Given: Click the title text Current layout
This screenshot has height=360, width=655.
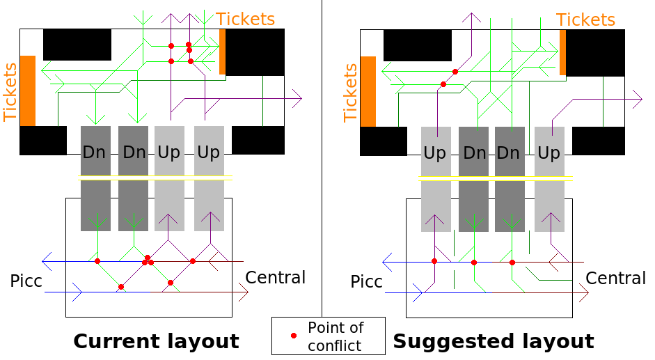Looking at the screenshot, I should [x=156, y=342].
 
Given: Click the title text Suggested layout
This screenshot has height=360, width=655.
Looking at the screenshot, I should [x=494, y=342].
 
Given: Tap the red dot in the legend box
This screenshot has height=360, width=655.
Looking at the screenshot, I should [x=294, y=336].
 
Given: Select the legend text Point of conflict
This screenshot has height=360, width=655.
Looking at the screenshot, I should [x=336, y=336].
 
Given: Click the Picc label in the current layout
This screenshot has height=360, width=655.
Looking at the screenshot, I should [x=26, y=281].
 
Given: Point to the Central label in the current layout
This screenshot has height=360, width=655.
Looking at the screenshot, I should [x=276, y=278].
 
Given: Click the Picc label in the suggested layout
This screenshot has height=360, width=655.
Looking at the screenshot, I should [x=366, y=282].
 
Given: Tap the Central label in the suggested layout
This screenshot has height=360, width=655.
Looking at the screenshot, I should [x=616, y=279].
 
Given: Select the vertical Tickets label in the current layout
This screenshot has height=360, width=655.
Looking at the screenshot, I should [x=10, y=92].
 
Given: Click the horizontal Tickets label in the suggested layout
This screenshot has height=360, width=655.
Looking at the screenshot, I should [x=586, y=20].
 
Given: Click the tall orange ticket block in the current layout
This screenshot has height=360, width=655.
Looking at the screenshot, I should [x=28, y=91].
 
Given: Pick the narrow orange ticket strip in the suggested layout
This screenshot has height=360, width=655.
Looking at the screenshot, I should [x=562, y=52].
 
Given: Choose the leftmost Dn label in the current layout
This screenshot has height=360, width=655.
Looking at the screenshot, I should [x=95, y=152].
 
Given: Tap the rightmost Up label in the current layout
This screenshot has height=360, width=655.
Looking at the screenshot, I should [x=208, y=152].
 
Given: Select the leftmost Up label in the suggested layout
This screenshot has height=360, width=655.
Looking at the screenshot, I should [x=435, y=152].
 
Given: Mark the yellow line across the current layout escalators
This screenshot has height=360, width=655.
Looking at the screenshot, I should [x=155, y=178].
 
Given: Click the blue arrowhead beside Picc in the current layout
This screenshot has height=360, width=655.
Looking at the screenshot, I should [x=77, y=293].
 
